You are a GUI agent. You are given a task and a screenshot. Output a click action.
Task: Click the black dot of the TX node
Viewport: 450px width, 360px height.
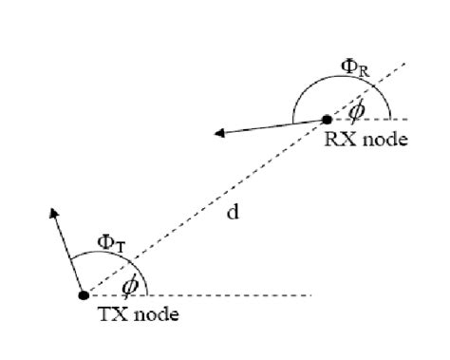coord(84,295)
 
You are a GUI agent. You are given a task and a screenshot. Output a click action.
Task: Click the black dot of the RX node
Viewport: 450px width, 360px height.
coord(327,120)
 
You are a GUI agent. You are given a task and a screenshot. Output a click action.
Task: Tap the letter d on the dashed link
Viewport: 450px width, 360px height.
coord(233,213)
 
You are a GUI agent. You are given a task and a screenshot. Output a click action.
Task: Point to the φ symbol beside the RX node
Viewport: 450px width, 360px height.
coord(357,109)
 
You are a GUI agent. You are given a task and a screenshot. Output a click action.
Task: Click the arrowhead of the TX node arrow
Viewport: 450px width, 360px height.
coord(53,208)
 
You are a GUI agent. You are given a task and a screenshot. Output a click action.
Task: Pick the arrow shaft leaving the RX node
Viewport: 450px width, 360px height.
coord(275,126)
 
